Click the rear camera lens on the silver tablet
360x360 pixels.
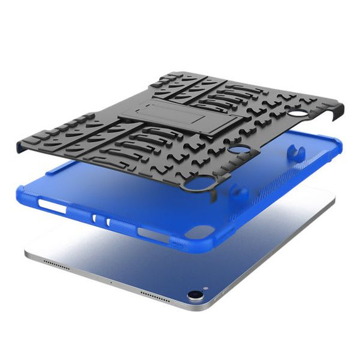(x=193, y=295)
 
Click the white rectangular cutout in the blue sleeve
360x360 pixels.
(x=54, y=206)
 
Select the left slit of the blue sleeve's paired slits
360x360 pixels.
(x=95, y=218)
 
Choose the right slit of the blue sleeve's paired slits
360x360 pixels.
(x=109, y=222)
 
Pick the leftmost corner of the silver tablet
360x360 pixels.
(x=27, y=256)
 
